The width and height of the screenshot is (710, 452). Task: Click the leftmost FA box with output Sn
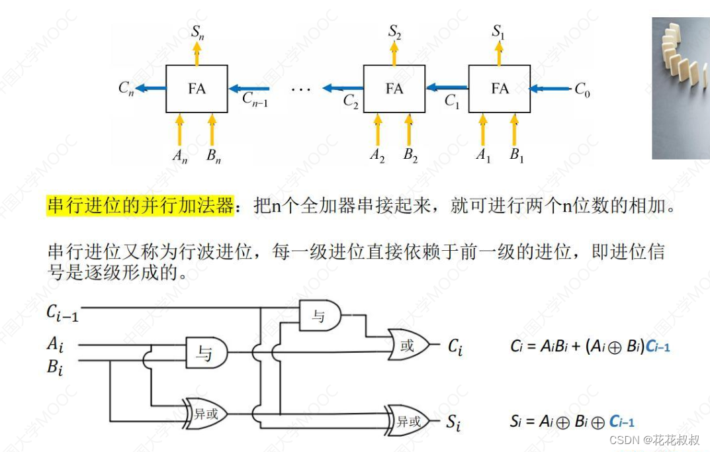pos(197,89)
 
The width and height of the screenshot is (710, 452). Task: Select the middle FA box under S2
pos(394,89)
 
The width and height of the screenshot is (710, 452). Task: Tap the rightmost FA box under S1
pos(499,89)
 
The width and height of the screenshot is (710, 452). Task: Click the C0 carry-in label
pos(582,89)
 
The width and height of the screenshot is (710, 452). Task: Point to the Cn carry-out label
pos(126,87)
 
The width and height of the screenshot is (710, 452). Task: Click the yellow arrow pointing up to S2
pos(394,53)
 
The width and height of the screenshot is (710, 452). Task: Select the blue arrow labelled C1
pos(447,87)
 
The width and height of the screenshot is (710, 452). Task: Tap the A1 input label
pos(483,155)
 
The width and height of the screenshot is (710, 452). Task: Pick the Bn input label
pos(213,156)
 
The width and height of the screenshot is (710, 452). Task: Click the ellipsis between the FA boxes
pos(301,90)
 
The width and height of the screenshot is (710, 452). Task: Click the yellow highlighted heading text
pos(140,206)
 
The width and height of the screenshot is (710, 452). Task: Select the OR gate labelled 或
pos(408,345)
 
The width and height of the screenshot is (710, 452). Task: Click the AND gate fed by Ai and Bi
pos(206,352)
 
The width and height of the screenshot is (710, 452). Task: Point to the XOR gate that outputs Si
pos(407,421)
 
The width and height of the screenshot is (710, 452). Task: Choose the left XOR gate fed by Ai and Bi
pos(204,414)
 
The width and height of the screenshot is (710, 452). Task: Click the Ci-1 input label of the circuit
pos(62,313)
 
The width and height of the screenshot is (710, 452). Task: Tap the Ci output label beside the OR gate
pos(455,347)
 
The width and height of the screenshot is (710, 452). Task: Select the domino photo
pos(681,88)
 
